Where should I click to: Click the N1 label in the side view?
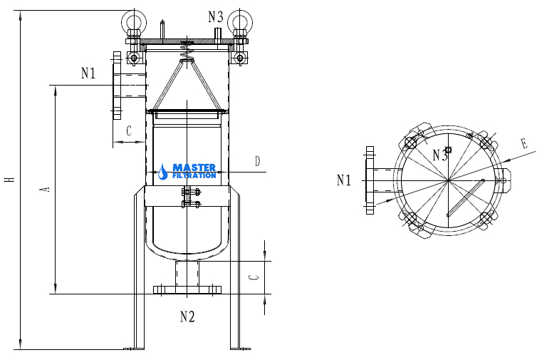(x=88, y=73)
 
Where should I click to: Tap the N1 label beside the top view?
(x=343, y=180)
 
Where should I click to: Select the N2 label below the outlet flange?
(x=187, y=317)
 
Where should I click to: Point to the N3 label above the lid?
(x=216, y=16)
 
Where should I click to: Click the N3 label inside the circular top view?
(x=440, y=155)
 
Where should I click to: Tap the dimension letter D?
(x=257, y=161)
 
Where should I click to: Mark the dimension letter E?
(x=524, y=143)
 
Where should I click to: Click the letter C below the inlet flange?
(x=129, y=131)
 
